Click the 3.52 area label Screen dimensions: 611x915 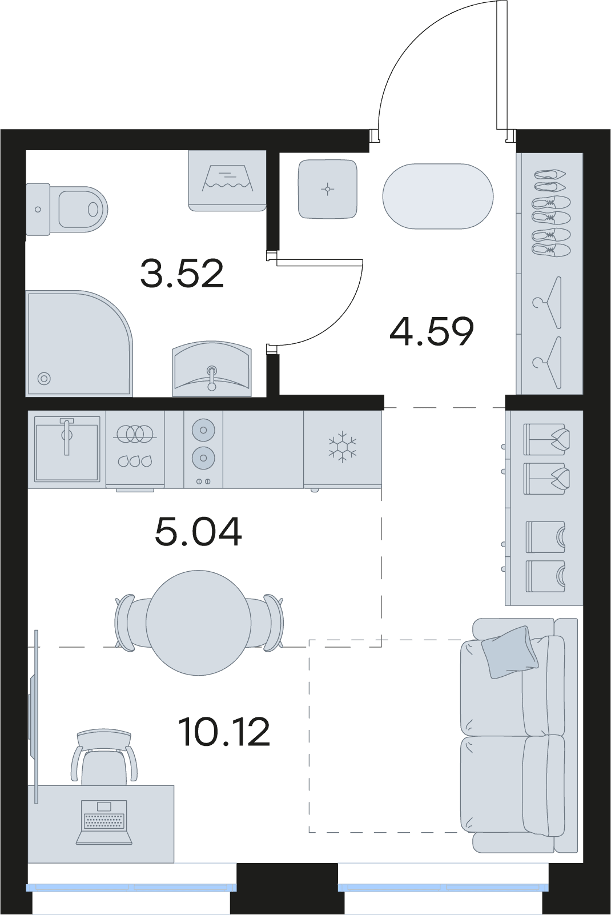point(182,273)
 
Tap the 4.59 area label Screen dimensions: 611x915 point(432,331)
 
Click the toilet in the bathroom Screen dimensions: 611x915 point(67,210)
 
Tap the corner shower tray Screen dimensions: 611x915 point(79,343)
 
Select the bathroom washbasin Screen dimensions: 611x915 point(212,370)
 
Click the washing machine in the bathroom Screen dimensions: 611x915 point(227,180)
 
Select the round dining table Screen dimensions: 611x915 point(199,623)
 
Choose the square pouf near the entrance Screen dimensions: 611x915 point(328,188)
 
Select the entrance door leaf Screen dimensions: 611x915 point(502,65)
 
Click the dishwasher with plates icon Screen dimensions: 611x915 point(135,450)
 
